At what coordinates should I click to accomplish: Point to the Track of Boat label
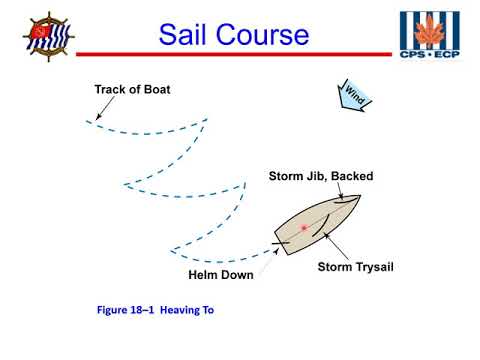coord(132,90)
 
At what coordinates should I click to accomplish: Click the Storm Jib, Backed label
coord(320,176)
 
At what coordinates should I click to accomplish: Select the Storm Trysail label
coord(359,267)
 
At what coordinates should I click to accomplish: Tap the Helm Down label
coord(220,275)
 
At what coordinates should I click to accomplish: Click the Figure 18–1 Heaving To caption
coord(155,311)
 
